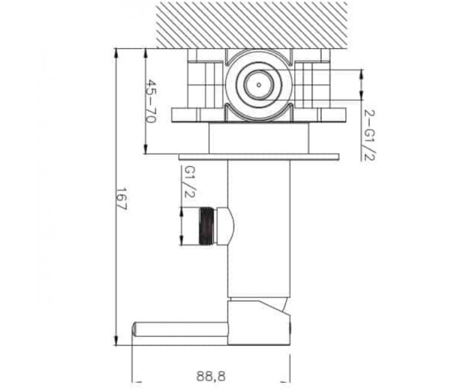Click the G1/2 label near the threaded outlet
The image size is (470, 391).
pyautogui.click(x=189, y=182)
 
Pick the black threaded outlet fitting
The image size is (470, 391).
pyautogui.click(x=207, y=225)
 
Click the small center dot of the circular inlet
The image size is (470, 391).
pyautogui.click(x=259, y=85)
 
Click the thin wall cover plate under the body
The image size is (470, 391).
pyautogui.click(x=258, y=157)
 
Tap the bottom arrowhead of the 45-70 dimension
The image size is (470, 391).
pyautogui.click(x=146, y=148)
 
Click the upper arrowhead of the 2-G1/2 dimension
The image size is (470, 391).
pyautogui.click(x=361, y=76)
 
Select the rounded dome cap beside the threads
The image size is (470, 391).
pyautogui.click(x=225, y=225)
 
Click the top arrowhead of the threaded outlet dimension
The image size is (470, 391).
pyautogui.click(x=182, y=212)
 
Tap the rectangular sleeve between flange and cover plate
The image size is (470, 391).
pyautogui.click(x=258, y=138)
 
